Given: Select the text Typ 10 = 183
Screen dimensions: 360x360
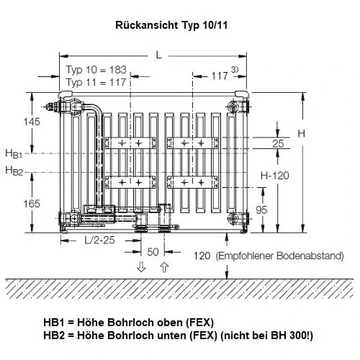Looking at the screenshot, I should [x=96, y=70].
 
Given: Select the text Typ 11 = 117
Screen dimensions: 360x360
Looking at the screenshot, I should [x=96, y=83].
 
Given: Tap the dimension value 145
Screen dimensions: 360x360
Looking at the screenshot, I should [x=32, y=122].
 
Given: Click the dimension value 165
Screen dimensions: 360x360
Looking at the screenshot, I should [x=32, y=204].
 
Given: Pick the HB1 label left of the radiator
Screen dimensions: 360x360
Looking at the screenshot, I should [x=14, y=153].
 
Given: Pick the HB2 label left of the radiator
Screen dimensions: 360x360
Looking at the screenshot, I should [x=14, y=171].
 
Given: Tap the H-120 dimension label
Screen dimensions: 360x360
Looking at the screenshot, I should [x=275, y=175].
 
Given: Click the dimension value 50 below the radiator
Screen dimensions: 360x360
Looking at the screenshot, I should [x=153, y=252].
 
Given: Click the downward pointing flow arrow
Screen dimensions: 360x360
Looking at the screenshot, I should [x=141, y=268].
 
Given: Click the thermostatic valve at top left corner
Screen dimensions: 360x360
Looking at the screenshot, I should [x=55, y=108].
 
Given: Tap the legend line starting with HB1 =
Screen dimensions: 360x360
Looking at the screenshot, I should [x=128, y=322].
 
